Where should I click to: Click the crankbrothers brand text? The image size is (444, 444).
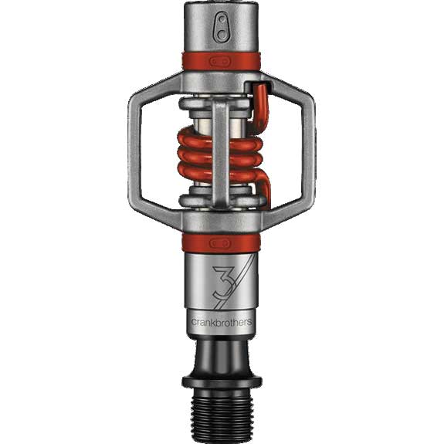click(x=222, y=322)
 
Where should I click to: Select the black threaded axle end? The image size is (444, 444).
click(x=222, y=416)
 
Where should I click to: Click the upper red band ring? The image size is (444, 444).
click(x=222, y=61)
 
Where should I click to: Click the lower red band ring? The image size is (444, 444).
click(x=222, y=243)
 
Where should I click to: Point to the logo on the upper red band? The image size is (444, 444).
click(x=221, y=61)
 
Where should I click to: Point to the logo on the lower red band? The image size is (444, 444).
click(x=221, y=243)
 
